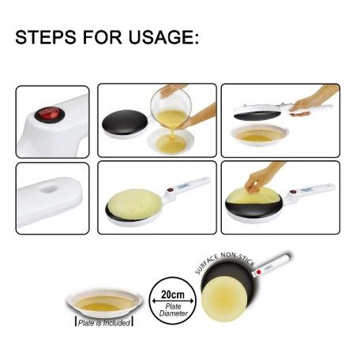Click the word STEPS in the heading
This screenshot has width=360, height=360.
46,37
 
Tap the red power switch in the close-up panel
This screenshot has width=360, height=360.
50,114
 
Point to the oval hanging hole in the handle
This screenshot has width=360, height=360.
50,189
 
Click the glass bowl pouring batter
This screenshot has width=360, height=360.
171,109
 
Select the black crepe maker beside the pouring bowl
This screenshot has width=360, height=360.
125,124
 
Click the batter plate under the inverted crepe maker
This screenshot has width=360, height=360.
260,135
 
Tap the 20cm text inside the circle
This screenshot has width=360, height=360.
173,294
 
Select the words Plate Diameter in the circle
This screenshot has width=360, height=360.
174,309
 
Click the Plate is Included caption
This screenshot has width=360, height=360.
104,323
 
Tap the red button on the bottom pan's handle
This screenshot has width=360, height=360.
258,272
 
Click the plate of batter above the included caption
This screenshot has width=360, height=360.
105,302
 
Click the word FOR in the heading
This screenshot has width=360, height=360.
103,37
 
